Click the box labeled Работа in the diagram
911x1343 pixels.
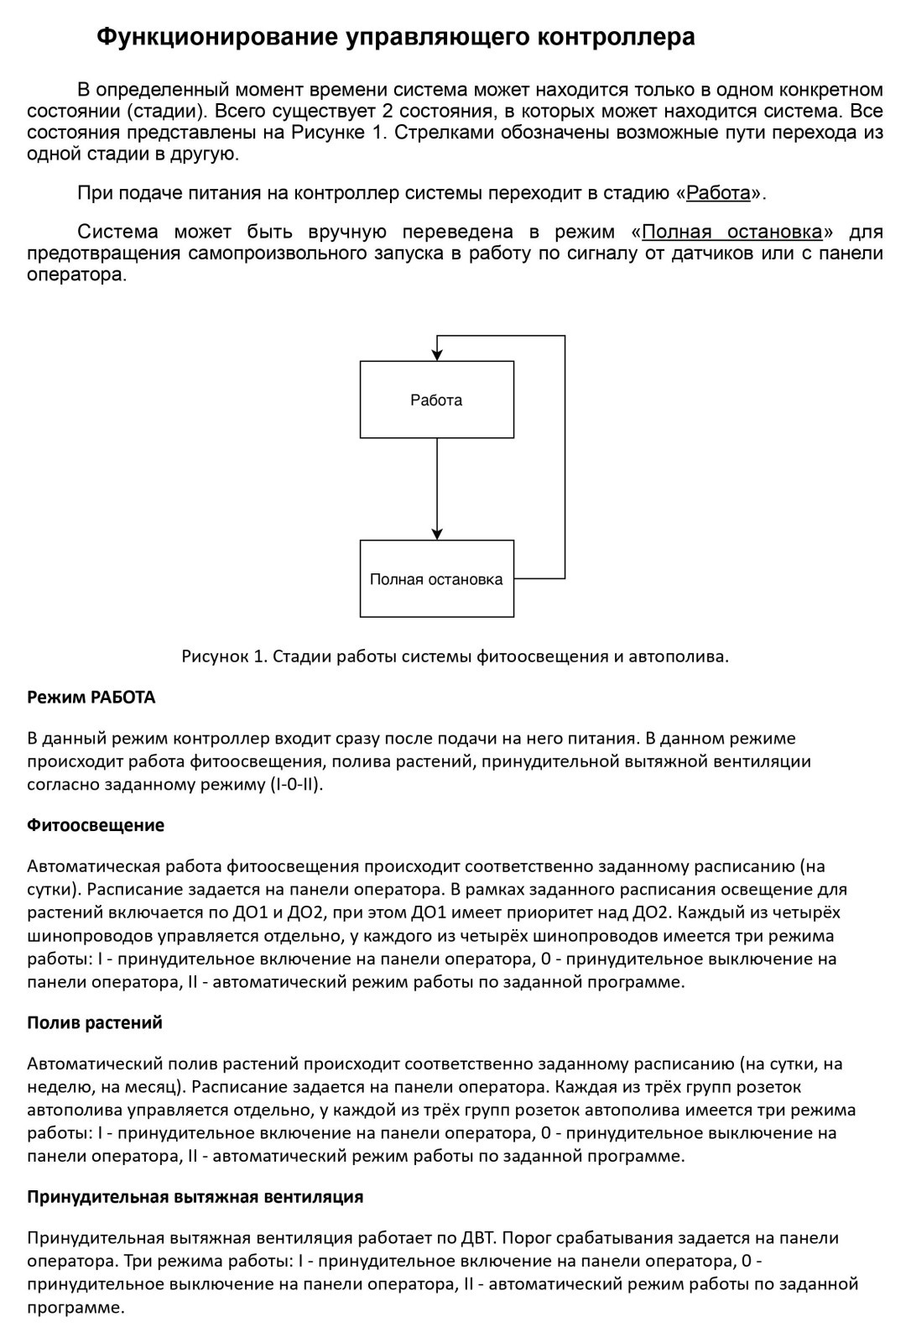point(436,400)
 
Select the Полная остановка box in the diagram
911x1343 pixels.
point(436,579)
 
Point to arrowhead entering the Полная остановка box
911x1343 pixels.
point(437,533)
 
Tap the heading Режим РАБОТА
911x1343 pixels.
point(91,697)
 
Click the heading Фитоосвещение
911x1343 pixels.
point(96,825)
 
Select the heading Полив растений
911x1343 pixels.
point(94,1022)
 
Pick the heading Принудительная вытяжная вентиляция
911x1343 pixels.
point(195,1196)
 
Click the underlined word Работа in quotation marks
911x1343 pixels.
point(718,193)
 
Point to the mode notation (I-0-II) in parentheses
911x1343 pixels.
point(295,785)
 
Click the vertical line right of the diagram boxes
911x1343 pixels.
point(565,457)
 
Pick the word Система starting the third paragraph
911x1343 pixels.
point(117,232)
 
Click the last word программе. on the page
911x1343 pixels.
point(75,1307)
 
